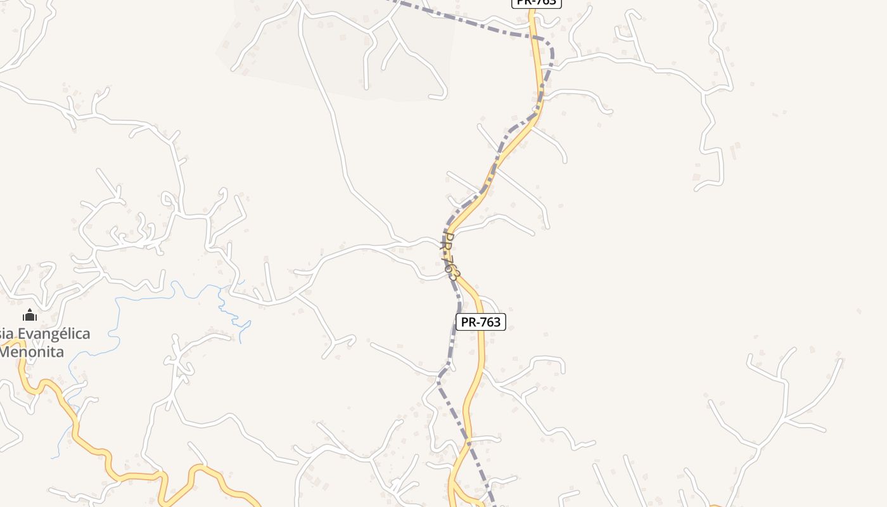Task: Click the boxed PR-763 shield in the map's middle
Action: click(480, 322)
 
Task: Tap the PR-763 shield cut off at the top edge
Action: click(536, 3)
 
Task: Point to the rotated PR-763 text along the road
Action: click(449, 257)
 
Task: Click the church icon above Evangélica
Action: click(30, 315)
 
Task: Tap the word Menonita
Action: click(32, 352)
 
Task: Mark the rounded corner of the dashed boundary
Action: click(550, 46)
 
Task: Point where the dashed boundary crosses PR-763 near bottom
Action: click(469, 437)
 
